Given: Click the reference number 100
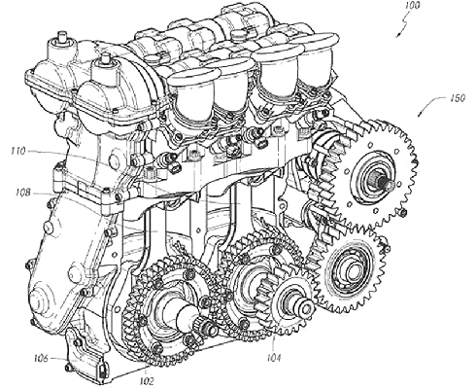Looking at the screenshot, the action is (411, 6).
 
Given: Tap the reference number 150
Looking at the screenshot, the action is (457, 98).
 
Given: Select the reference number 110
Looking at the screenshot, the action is (18, 151).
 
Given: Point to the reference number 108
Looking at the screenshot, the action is (22, 193).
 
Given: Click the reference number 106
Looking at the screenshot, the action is (42, 358).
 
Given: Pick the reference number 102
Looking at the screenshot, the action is (147, 381).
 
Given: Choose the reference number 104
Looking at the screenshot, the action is (274, 358).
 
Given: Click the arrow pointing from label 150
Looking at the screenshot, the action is (429, 104).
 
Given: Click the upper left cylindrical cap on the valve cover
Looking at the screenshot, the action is (61, 46).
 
